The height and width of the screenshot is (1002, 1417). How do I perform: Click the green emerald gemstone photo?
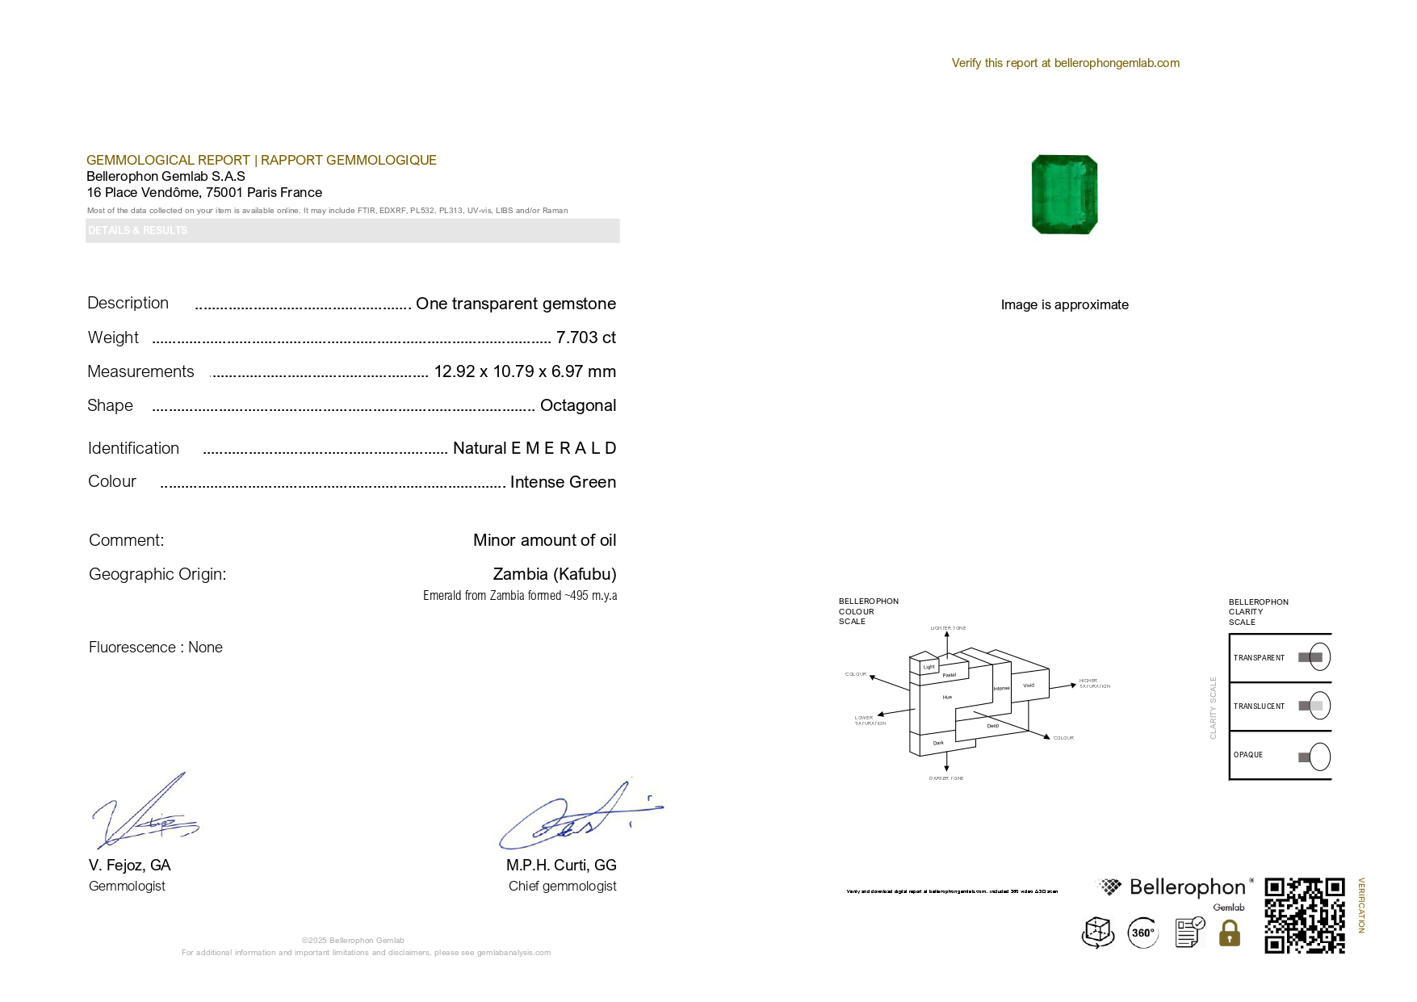pos(1064,195)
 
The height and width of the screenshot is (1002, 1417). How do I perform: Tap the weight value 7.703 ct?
pos(585,337)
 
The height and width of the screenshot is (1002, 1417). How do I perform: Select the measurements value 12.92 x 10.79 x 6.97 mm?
pos(525,371)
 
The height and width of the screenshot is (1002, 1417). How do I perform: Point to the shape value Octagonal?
pos(577,405)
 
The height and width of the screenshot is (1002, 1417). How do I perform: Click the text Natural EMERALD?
pos(534,448)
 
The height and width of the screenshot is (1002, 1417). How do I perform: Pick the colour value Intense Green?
pos(563,482)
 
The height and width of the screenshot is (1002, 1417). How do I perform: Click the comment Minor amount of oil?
pos(544,540)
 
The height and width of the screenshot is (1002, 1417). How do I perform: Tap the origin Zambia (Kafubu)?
pos(554,574)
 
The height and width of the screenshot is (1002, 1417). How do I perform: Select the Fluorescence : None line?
pos(156,648)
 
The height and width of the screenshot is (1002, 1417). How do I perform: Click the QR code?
pos(1304,916)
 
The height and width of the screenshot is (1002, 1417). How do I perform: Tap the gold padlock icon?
pos(1229,934)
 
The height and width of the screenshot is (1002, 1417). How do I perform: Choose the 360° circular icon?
pos(1142,933)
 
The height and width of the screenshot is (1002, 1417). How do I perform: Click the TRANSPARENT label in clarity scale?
pos(1259,658)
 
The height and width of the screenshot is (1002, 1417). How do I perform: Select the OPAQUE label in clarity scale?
pos(1248,755)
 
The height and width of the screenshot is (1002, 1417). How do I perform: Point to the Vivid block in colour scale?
pos(1029,685)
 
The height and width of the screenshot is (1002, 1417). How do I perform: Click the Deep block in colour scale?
pos(992,726)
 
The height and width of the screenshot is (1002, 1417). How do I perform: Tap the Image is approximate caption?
pos(1064,304)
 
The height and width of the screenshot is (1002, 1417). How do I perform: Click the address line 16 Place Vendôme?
pos(204,192)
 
